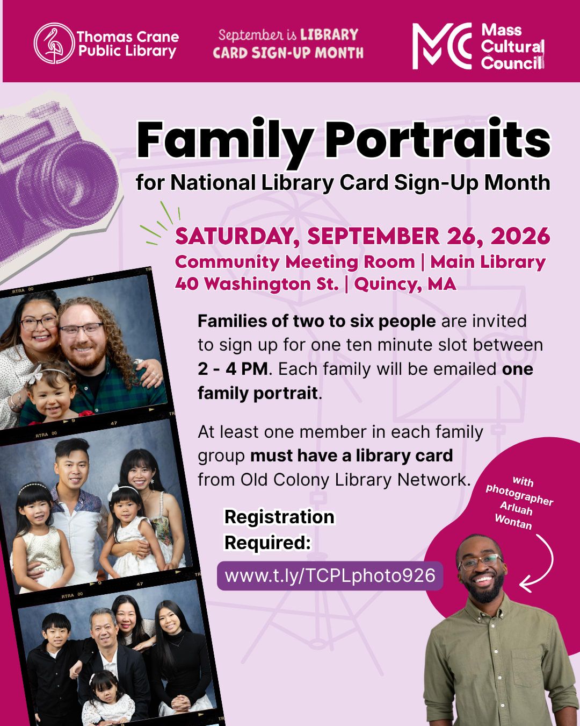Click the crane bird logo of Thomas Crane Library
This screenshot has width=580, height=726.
[x=54, y=43]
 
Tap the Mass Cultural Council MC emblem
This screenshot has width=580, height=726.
[x=442, y=46]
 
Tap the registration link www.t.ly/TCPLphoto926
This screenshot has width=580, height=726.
[x=330, y=575]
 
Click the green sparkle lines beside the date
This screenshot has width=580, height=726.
[x=160, y=223]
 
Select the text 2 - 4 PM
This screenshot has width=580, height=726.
[x=233, y=369]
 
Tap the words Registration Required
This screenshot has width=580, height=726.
[x=279, y=530]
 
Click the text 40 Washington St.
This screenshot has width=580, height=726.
[x=257, y=284]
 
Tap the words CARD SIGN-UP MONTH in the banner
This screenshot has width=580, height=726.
[x=288, y=53]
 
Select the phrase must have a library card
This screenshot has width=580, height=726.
[x=352, y=456]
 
